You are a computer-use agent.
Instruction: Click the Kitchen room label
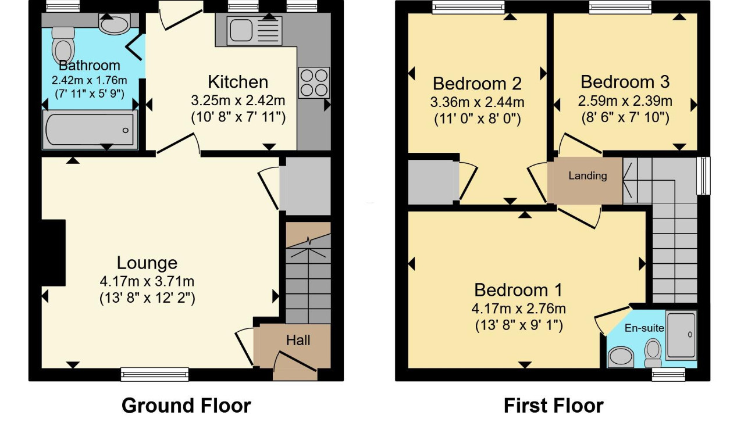point(238,82)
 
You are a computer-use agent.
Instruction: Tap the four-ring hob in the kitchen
point(314,83)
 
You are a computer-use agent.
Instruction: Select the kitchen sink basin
point(241,30)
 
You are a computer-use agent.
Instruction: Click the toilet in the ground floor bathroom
point(63,45)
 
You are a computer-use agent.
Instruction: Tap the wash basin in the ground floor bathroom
point(114,24)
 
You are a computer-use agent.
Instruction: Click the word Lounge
point(147,263)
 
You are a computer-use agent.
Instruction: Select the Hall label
point(298,341)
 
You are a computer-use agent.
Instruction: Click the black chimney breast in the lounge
point(54,253)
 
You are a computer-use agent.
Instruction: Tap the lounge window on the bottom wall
point(155,374)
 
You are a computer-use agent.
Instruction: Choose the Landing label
point(587,176)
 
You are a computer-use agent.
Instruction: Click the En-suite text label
point(644,328)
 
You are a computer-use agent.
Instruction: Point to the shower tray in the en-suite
point(681,335)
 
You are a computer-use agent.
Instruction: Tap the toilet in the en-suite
point(653,353)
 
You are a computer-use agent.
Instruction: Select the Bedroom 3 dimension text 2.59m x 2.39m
point(625,101)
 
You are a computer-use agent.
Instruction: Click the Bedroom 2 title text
point(477,84)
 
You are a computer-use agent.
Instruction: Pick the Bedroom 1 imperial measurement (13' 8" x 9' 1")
point(519,325)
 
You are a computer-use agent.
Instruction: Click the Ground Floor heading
point(186,406)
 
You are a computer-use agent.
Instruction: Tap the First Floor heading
point(554,406)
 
